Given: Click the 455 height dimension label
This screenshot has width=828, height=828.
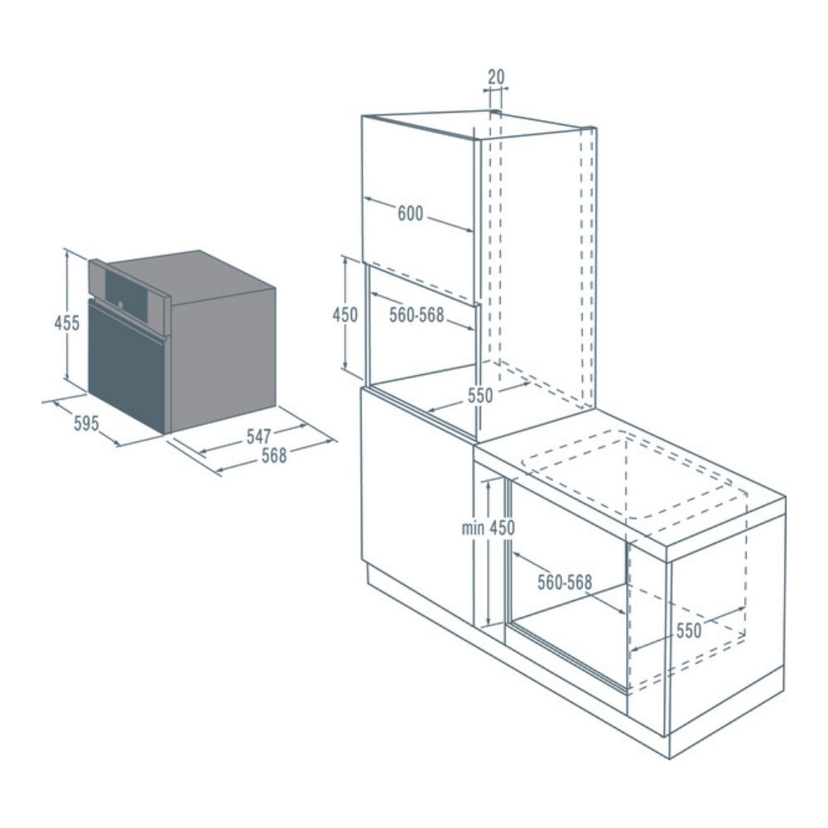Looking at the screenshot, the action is pos(67,323).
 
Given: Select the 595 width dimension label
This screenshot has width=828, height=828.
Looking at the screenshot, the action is pos(86,423).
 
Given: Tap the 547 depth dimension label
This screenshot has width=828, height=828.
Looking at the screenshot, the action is pos(258,436).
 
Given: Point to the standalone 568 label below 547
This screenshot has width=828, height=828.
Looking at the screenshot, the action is pos(274,455).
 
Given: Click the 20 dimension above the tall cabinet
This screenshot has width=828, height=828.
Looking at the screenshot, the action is pos(496,77).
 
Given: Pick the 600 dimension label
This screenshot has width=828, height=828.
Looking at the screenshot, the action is pos(411,214).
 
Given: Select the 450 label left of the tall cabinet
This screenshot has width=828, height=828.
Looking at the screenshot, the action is pos(344,315).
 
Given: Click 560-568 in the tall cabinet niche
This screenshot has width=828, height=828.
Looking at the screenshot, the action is pos(416,315).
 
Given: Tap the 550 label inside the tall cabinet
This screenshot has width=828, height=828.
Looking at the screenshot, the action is pos(480,395).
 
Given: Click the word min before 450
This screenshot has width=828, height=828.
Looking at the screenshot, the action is pos(473,527).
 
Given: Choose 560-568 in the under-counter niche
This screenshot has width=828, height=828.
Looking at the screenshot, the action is pos(565,582).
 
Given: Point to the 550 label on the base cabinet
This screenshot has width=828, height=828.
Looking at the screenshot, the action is pos(689,630).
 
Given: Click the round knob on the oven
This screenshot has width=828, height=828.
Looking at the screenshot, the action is pos(121,305).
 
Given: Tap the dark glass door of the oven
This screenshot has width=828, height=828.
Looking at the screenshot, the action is pos(127,365).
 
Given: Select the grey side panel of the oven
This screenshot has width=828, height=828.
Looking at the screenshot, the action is pos(223,360).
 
